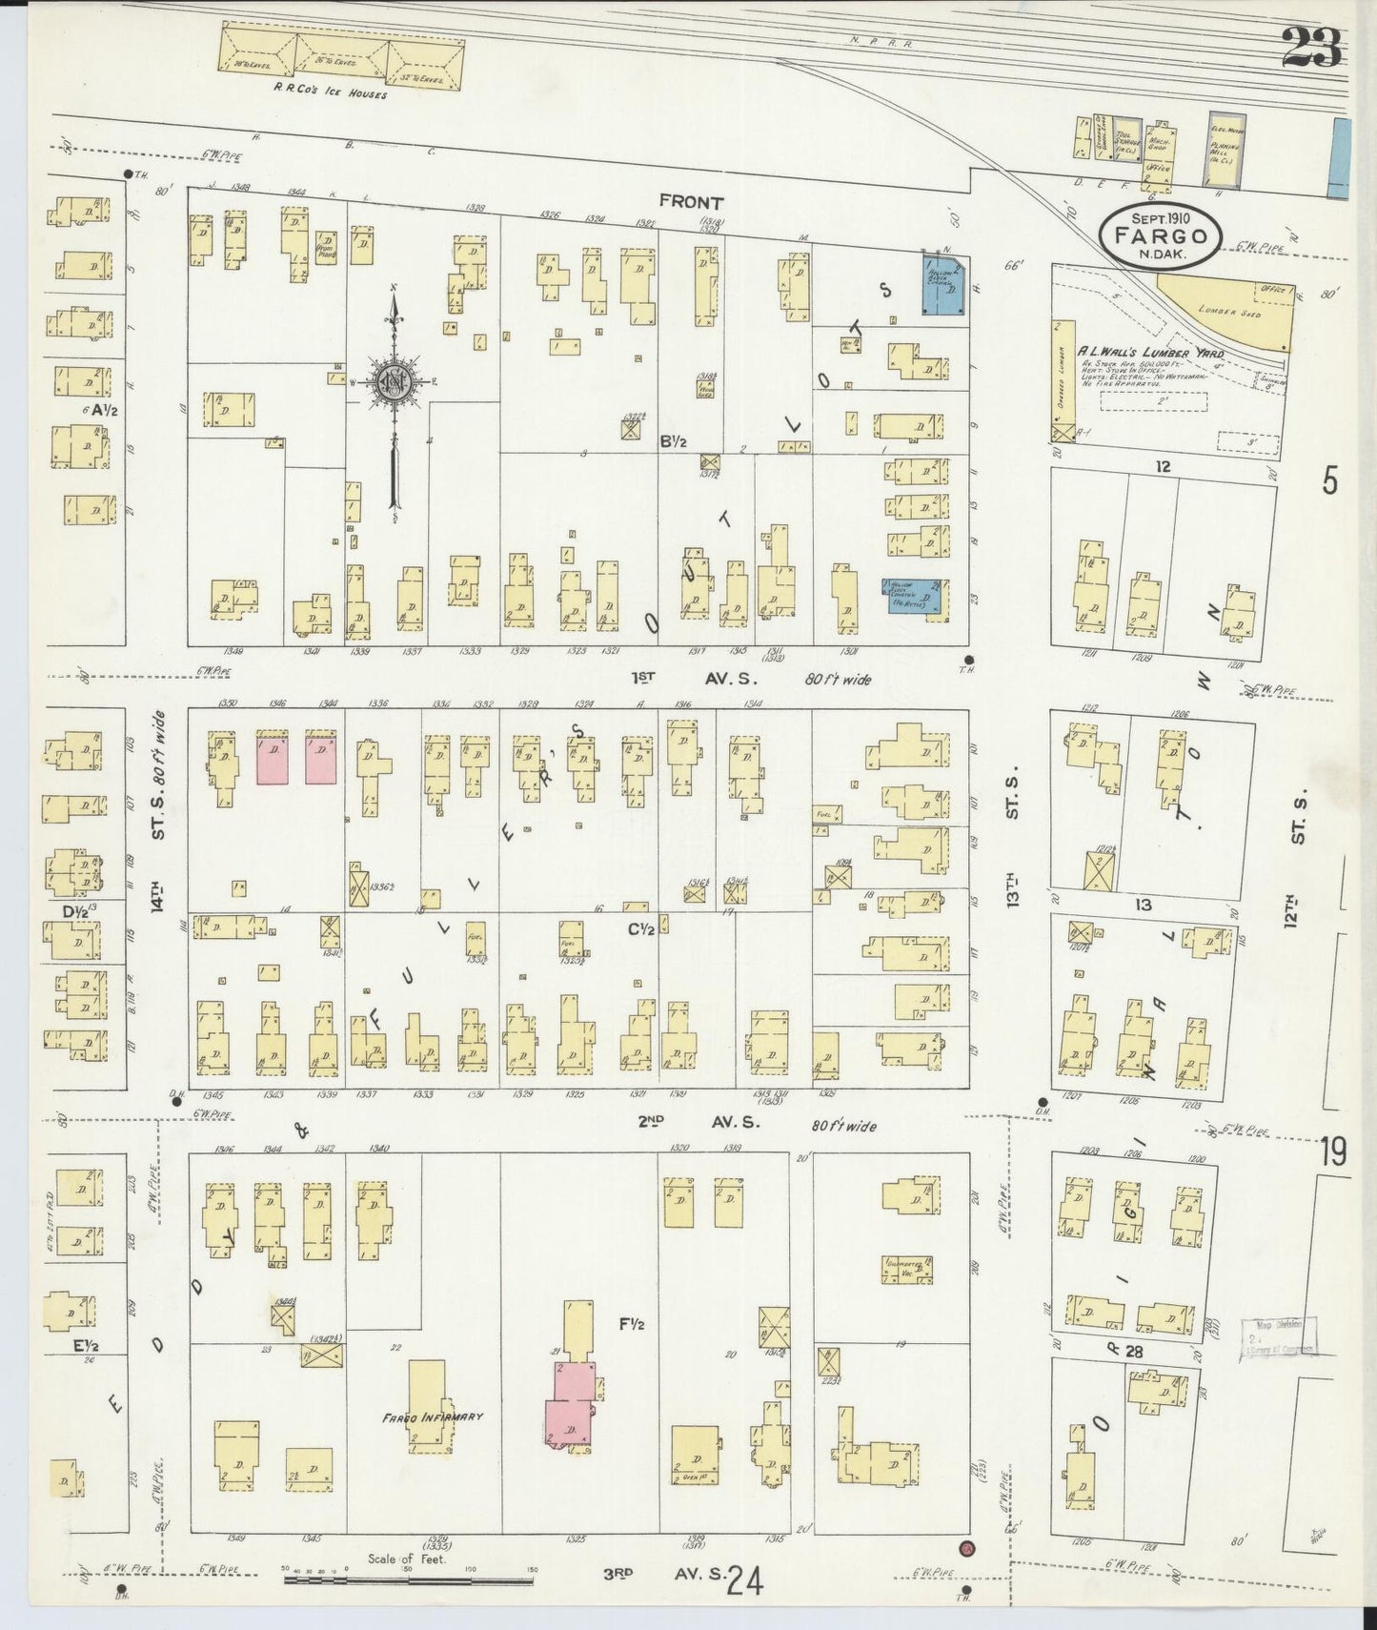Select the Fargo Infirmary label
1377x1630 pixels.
(x=434, y=1416)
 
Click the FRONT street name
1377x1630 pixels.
(x=691, y=202)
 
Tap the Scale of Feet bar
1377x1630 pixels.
(x=410, y=1580)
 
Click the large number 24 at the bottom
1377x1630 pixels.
(x=745, y=1583)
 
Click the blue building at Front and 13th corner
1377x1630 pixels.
(x=942, y=284)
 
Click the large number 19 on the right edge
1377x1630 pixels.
(x=1333, y=1153)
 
